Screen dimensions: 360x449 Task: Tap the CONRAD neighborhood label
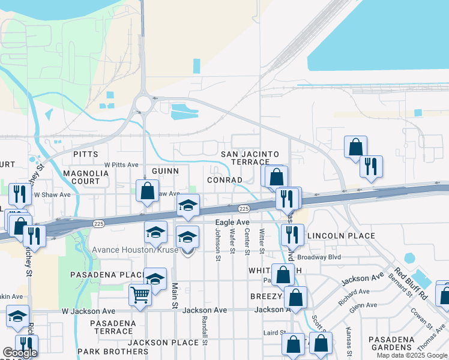point(224,180)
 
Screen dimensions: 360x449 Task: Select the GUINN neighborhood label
point(165,171)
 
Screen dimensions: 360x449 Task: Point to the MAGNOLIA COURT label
point(86,177)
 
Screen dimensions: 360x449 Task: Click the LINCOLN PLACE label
point(341,236)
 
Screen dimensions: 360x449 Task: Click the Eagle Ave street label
point(232,223)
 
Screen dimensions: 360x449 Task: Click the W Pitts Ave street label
point(121,164)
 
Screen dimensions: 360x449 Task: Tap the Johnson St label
point(217,248)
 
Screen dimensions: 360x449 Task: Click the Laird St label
point(274,332)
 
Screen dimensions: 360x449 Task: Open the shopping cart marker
point(140,295)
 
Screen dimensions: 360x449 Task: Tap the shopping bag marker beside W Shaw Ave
point(147,191)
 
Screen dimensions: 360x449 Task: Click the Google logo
point(20,353)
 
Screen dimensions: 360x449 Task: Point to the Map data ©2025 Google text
point(412,356)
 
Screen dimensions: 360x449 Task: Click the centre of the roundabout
point(143,104)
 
